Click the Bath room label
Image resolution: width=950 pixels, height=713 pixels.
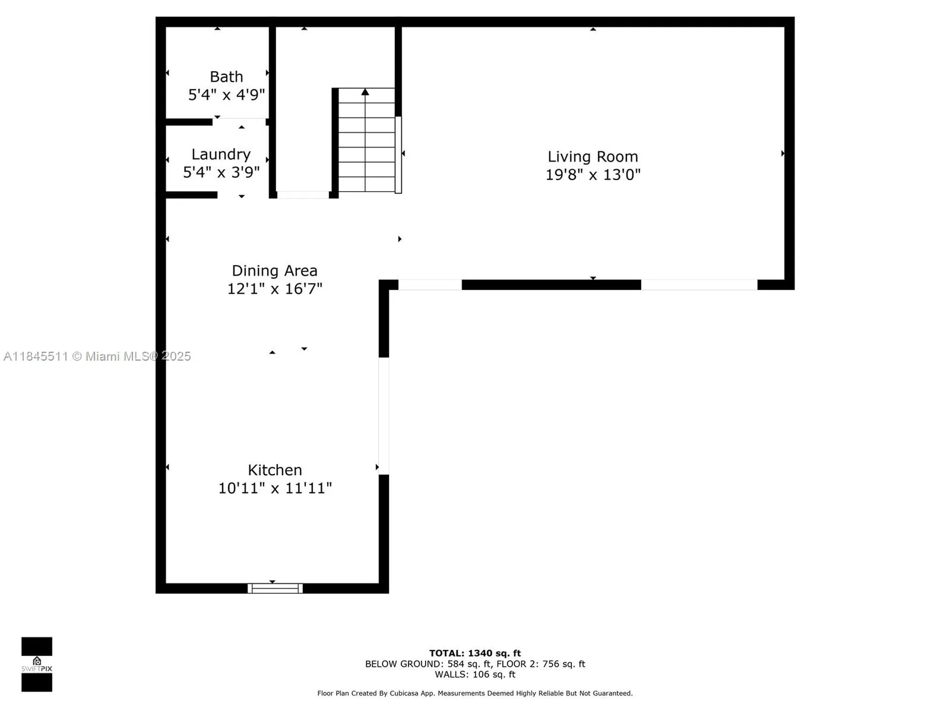[226, 77]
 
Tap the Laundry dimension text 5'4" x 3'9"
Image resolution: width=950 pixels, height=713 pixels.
[221, 172]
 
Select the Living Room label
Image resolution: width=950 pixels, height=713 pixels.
[592, 156]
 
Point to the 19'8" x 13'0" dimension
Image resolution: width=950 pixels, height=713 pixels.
[592, 175]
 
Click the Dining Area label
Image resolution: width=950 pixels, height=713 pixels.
[275, 271]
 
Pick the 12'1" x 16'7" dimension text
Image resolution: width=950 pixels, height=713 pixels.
[275, 289]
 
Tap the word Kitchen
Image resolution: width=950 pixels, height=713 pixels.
[275, 470]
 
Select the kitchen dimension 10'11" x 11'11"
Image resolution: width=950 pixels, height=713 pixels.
[275, 488]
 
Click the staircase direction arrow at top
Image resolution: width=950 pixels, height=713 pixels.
[365, 92]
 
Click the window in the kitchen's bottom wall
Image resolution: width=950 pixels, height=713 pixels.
[275, 588]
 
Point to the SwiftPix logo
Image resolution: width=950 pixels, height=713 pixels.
[37, 664]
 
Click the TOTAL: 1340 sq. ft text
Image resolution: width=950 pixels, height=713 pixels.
[475, 653]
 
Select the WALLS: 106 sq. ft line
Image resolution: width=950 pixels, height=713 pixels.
[475, 674]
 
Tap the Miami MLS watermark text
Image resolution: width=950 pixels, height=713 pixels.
[97, 356]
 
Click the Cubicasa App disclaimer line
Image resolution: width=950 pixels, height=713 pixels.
[475, 693]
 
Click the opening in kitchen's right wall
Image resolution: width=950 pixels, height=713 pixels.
[384, 416]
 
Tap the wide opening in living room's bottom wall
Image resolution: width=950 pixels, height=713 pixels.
[699, 285]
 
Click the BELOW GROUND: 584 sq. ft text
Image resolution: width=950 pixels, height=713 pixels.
[428, 664]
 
